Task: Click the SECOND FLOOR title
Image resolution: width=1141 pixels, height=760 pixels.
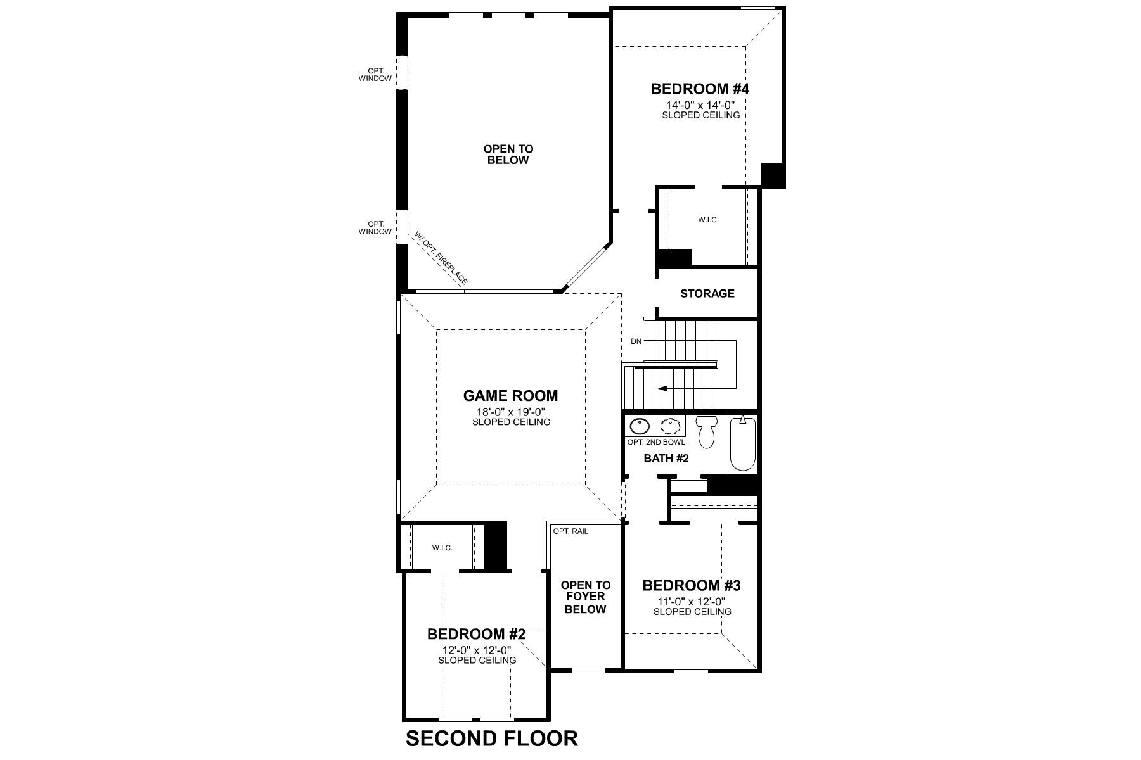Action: (x=491, y=738)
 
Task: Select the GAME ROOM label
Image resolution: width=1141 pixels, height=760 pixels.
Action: (x=510, y=396)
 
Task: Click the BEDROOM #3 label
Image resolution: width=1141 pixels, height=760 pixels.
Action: (x=692, y=585)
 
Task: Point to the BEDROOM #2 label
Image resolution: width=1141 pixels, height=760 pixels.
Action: (x=476, y=634)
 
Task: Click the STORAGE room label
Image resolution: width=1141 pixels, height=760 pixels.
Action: (x=707, y=293)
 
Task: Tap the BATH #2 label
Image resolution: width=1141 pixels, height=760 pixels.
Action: (x=666, y=458)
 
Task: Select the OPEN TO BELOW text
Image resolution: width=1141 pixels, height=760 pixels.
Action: (x=508, y=155)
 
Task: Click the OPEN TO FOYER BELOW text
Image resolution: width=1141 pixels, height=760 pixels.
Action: (x=586, y=597)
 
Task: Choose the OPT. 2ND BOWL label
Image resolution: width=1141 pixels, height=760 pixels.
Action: (x=656, y=442)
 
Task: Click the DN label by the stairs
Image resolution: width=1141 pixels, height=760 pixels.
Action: (x=636, y=341)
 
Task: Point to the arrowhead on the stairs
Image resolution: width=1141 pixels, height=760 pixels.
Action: (x=662, y=388)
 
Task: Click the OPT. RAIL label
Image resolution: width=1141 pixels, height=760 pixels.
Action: (x=570, y=531)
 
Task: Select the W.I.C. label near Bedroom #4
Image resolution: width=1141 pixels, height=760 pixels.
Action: (x=708, y=220)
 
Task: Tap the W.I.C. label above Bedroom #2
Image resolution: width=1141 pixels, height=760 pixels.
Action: (x=442, y=548)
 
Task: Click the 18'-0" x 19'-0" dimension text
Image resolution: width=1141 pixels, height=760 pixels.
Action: (x=511, y=412)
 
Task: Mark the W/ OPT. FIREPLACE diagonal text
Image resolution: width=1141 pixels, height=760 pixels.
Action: (x=441, y=258)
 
